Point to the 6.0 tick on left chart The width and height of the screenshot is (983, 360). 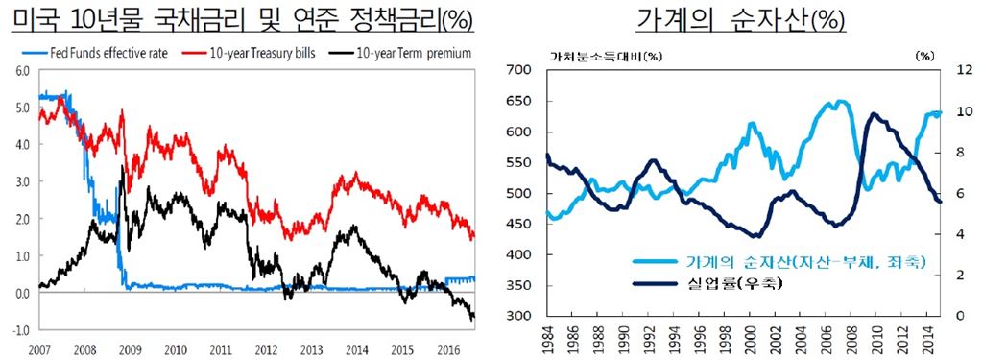click(x=22, y=71)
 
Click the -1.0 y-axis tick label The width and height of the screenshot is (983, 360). click(x=20, y=329)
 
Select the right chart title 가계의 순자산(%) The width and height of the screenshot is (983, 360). click(x=739, y=18)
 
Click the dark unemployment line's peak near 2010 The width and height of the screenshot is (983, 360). click(x=873, y=114)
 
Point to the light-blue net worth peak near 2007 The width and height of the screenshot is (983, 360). click(x=841, y=102)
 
